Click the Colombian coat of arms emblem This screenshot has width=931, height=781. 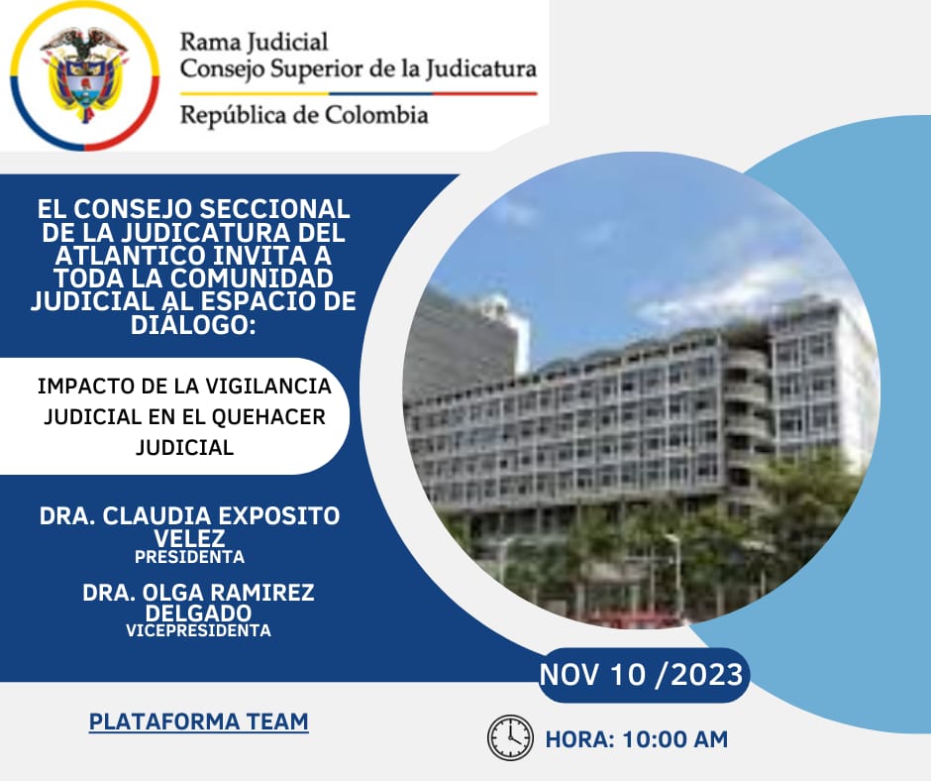[84, 74]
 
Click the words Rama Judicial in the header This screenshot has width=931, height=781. [254, 43]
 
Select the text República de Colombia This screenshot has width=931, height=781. [304, 115]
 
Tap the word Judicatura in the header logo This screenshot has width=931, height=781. [481, 69]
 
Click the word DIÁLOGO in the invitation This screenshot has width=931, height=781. [193, 324]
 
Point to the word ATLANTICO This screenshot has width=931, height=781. [130, 256]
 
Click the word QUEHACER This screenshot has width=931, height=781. [268, 417]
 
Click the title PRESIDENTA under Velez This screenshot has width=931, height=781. [189, 557]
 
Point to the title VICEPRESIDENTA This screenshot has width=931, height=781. [198, 630]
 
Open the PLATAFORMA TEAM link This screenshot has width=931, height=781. [199, 722]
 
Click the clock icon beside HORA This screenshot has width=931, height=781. [511, 738]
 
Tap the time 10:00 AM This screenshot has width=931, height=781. [675, 740]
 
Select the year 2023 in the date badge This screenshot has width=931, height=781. [706, 675]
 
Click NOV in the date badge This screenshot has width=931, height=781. [569, 675]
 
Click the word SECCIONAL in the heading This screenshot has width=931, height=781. [274, 209]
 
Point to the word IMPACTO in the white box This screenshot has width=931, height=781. [75, 387]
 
